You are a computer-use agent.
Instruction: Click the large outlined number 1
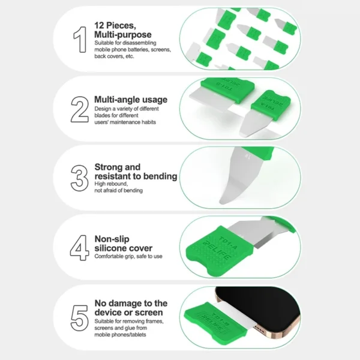81,40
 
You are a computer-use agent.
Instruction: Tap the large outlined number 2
80,109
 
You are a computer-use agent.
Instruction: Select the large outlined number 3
79,178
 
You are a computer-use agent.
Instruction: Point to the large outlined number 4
79,247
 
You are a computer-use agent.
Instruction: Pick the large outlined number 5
79,318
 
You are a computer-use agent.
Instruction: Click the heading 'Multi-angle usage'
131,100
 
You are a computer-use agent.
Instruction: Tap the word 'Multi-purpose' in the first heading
123,35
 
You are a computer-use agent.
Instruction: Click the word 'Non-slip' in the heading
112,239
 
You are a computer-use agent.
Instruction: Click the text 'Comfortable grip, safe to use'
128,256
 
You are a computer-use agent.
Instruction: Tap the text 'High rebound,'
111,184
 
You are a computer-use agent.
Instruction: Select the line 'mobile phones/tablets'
120,335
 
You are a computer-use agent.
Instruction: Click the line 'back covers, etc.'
114,56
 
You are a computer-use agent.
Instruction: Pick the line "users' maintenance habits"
125,122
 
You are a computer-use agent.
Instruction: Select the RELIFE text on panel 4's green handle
217,250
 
